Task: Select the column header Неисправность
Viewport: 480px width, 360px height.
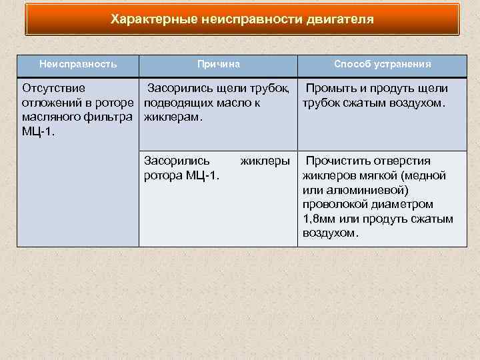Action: tap(78, 64)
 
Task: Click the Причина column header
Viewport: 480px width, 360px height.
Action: tap(218, 64)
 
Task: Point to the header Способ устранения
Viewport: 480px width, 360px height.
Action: tap(382, 64)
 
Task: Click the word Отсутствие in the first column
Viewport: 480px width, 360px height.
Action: tap(53, 89)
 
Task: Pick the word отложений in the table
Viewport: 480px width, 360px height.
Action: tap(51, 103)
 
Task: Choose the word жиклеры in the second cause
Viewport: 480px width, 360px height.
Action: tap(265, 161)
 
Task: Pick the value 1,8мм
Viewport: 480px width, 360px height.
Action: tap(319, 219)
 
